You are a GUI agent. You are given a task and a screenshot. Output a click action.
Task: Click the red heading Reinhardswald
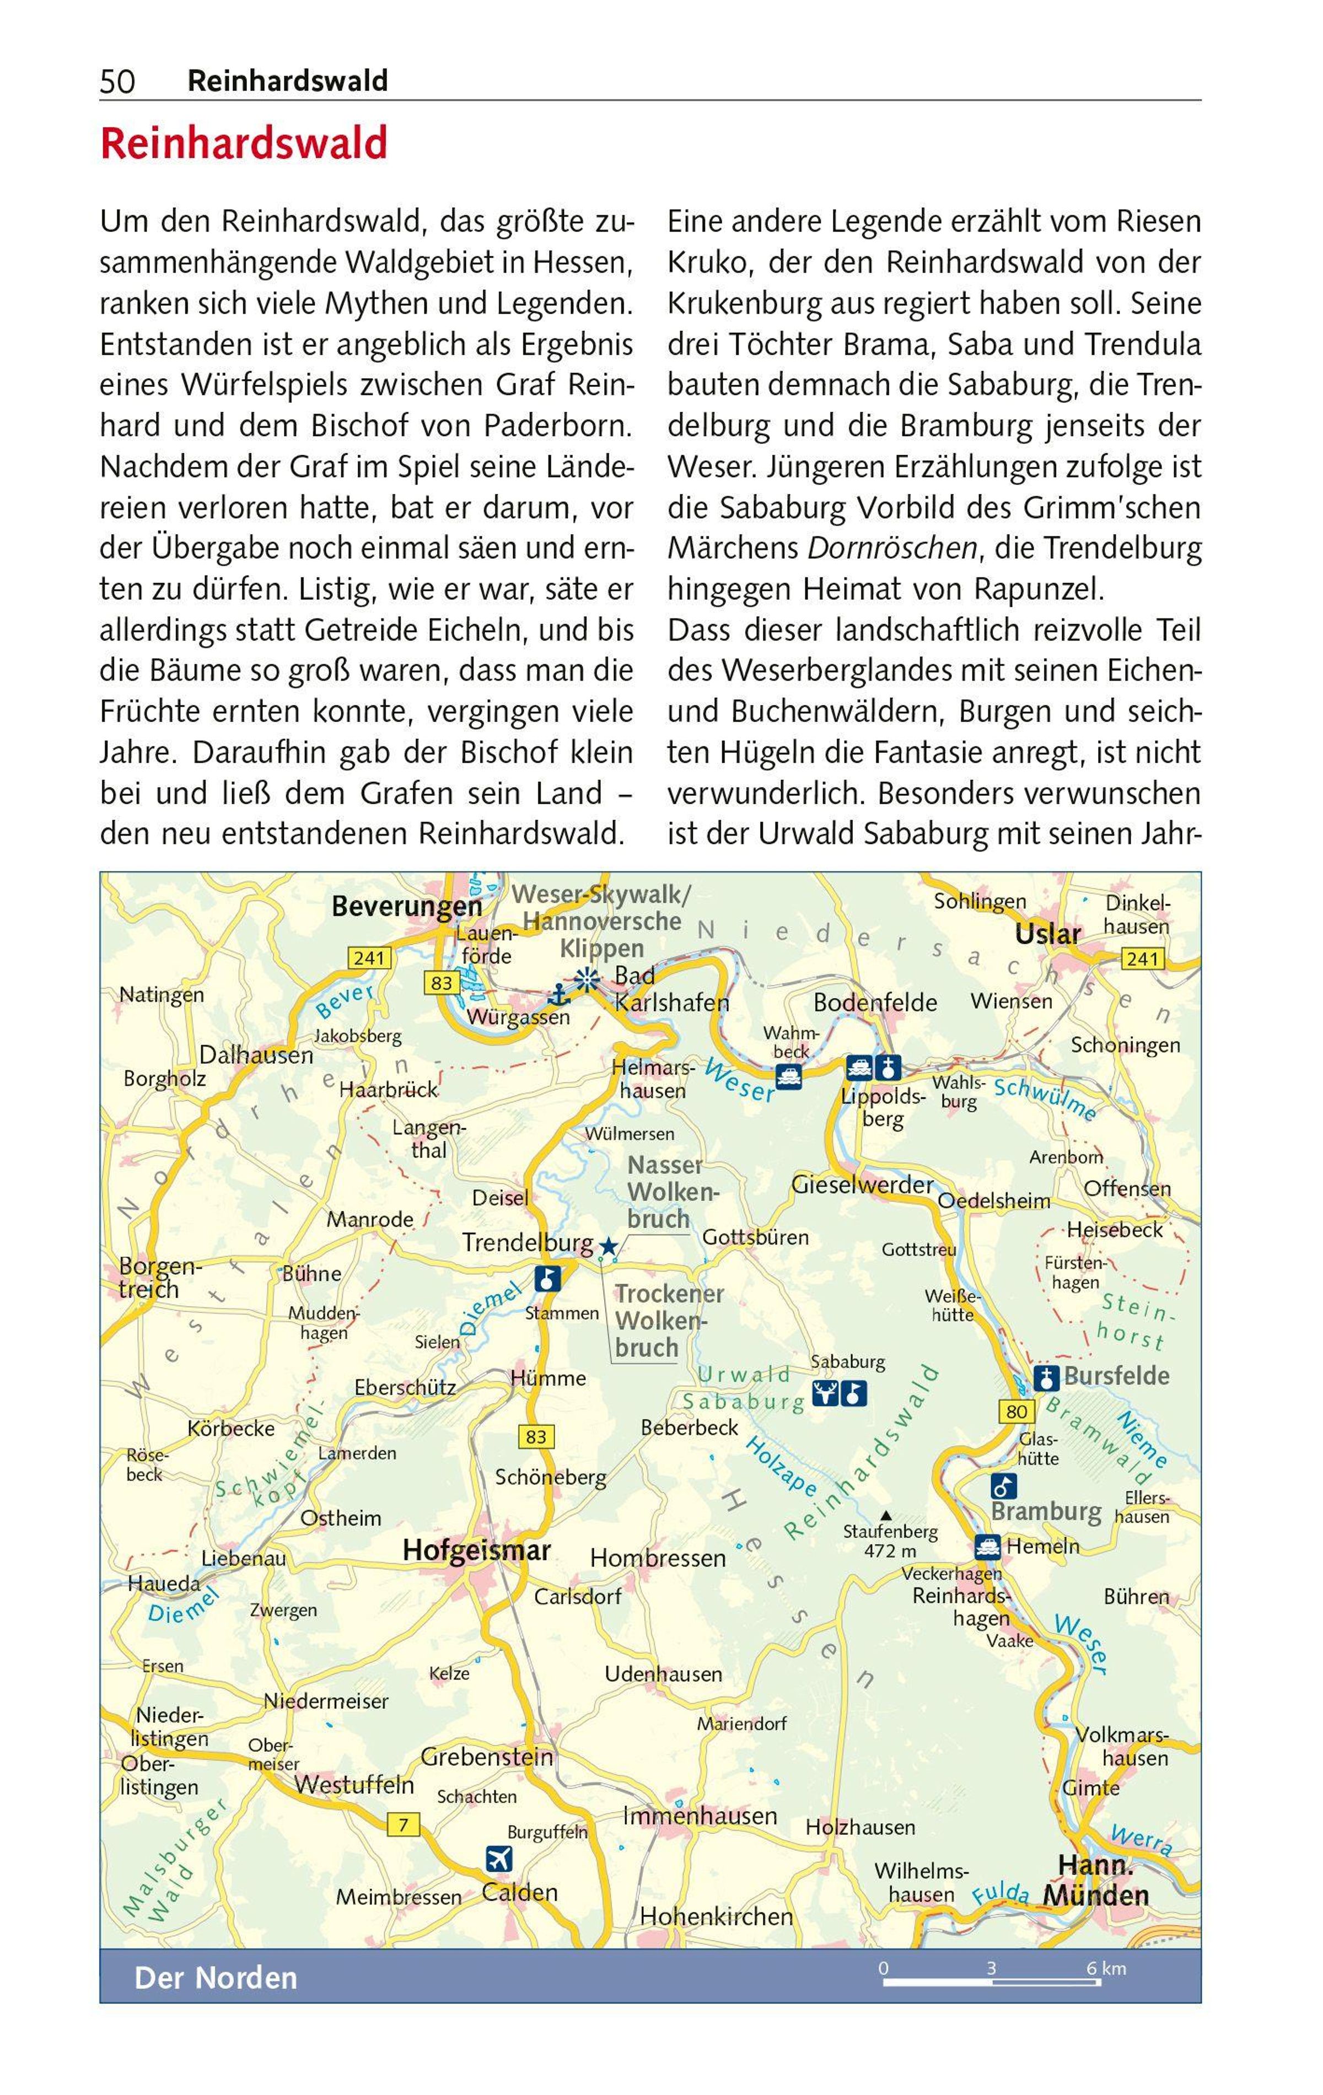[x=244, y=144]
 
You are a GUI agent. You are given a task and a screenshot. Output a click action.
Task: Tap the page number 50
[x=117, y=82]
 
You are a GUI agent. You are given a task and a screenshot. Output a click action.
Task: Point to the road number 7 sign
[x=403, y=1824]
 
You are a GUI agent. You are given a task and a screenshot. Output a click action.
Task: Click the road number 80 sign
[x=1016, y=1410]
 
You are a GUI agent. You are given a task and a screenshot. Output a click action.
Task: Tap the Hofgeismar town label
[x=476, y=1550]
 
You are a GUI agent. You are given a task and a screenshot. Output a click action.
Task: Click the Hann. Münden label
[x=1096, y=1880]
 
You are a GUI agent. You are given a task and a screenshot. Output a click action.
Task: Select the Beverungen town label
[x=406, y=907]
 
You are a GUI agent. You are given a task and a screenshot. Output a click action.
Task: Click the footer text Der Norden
[x=216, y=1978]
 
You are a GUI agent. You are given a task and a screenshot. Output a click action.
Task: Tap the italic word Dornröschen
[x=892, y=548]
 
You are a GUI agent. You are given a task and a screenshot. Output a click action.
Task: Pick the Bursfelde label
[x=1117, y=1376]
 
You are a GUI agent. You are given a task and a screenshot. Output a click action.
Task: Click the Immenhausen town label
[x=700, y=1816]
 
